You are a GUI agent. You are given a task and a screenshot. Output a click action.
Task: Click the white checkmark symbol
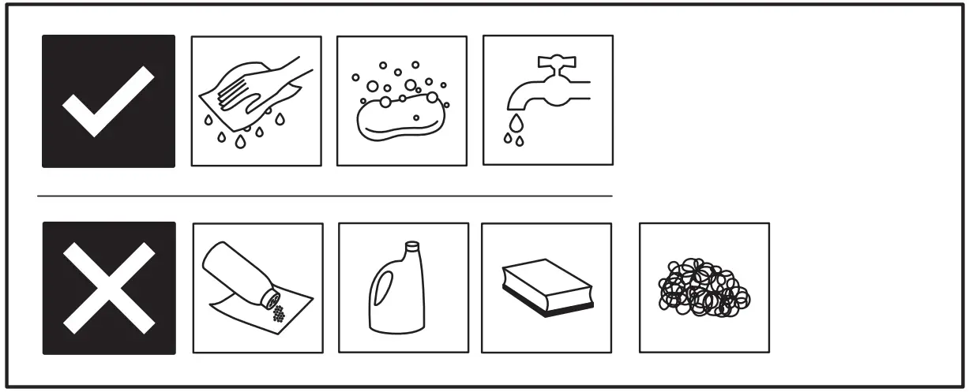pos(108,101)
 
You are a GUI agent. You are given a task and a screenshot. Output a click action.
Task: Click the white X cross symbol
pos(108,287)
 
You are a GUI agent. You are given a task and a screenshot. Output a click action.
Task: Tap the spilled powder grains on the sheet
pos(279,313)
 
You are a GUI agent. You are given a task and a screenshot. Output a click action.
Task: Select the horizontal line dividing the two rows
pos(324,195)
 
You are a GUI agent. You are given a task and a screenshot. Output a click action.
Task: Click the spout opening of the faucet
pos(515,109)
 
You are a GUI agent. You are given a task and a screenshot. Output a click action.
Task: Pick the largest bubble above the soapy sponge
pos(410,85)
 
